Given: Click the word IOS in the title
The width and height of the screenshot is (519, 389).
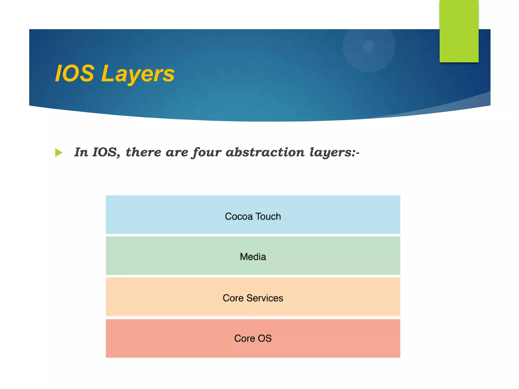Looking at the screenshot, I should point(75,74).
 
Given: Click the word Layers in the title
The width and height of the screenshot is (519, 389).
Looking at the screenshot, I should point(138,74).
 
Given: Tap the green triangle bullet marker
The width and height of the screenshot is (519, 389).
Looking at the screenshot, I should point(59,153).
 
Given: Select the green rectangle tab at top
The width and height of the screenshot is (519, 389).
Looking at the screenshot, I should point(459,31).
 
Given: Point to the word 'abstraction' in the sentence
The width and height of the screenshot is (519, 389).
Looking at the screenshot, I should point(265,152).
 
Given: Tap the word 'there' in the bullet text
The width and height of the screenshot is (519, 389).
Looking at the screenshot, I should point(143,152).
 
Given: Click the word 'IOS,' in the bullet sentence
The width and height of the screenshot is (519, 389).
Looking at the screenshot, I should point(106,152).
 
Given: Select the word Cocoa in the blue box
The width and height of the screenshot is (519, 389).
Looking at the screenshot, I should point(239,217).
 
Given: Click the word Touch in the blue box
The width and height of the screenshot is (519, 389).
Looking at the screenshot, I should point(268,217).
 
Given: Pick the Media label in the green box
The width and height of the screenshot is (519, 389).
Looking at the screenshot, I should point(253,257).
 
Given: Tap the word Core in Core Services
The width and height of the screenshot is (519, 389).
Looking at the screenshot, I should point(233,298).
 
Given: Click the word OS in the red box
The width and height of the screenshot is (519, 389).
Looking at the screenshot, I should point(265,338).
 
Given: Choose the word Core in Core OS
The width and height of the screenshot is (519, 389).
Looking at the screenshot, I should point(245,338).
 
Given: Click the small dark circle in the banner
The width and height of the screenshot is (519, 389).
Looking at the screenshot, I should point(368,46).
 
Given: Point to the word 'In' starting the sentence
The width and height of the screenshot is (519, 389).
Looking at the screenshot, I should point(81,152).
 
